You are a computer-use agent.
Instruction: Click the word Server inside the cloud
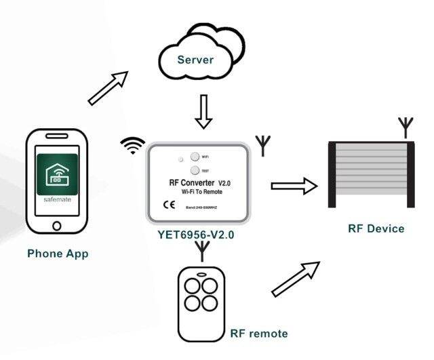click(x=195, y=60)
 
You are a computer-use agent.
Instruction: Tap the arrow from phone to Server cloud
click(x=108, y=88)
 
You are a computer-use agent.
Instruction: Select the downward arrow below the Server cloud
click(x=203, y=112)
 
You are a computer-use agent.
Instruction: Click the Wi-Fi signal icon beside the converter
click(x=133, y=145)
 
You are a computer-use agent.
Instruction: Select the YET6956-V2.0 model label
click(x=196, y=235)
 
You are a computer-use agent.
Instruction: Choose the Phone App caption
click(x=58, y=254)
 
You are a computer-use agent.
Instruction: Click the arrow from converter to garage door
click(x=294, y=186)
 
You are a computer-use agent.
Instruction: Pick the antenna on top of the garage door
click(x=405, y=127)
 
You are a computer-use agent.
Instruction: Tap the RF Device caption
click(x=376, y=228)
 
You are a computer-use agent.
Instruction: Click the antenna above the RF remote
click(x=202, y=251)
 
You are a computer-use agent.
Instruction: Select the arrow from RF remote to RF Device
click(x=295, y=279)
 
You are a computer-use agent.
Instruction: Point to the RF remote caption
click(x=258, y=333)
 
